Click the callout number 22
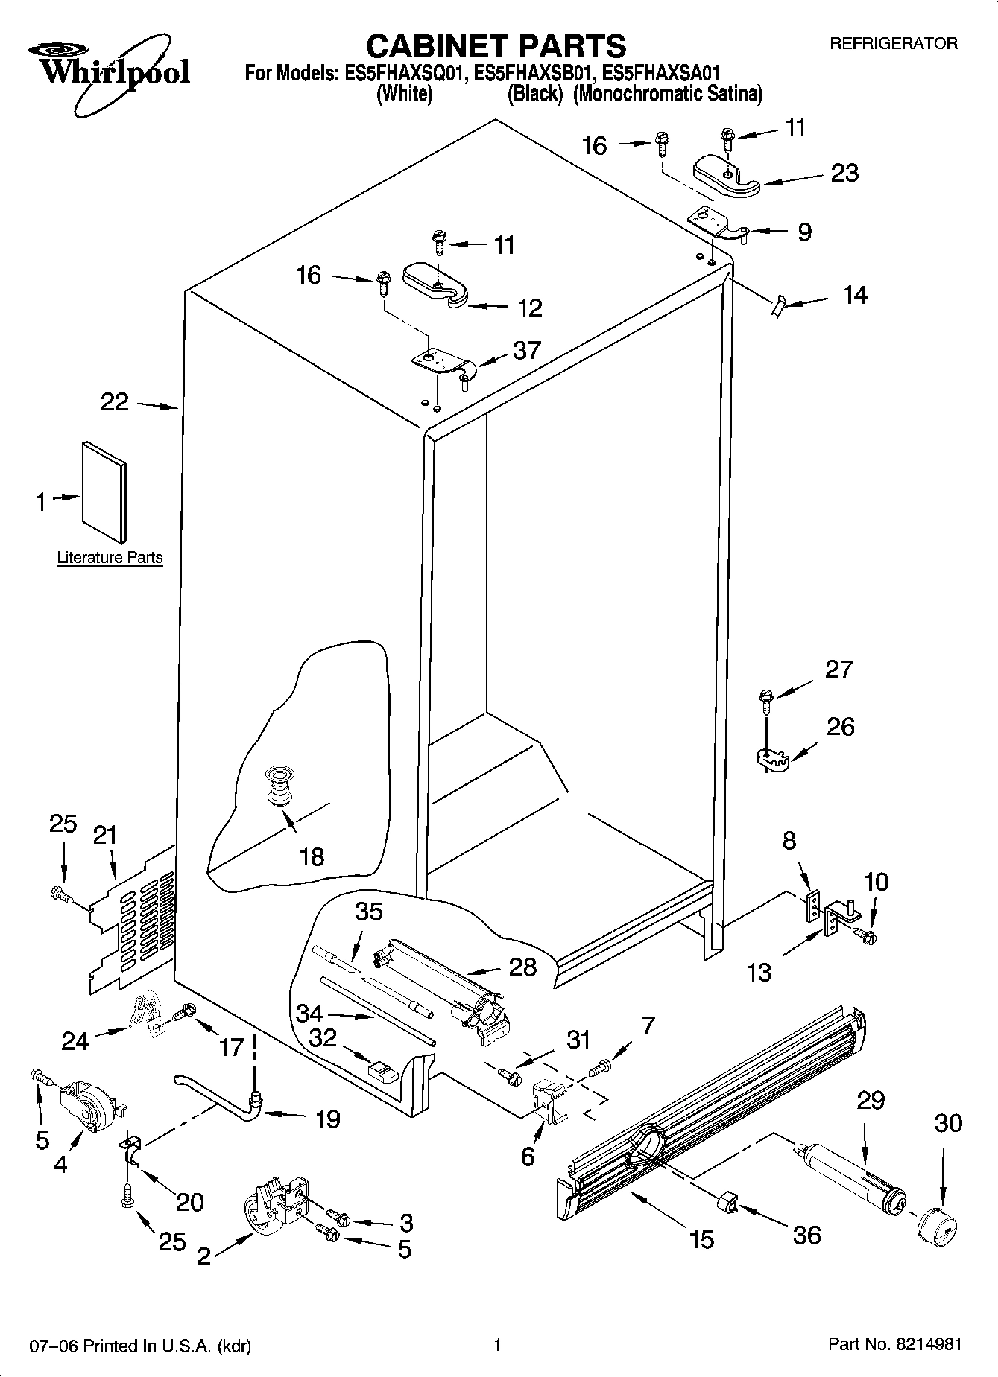[115, 403]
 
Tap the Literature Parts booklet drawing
[104, 492]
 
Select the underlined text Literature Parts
[110, 558]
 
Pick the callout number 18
[312, 856]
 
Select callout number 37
[526, 350]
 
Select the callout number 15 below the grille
[701, 1239]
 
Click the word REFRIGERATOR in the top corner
[894, 44]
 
